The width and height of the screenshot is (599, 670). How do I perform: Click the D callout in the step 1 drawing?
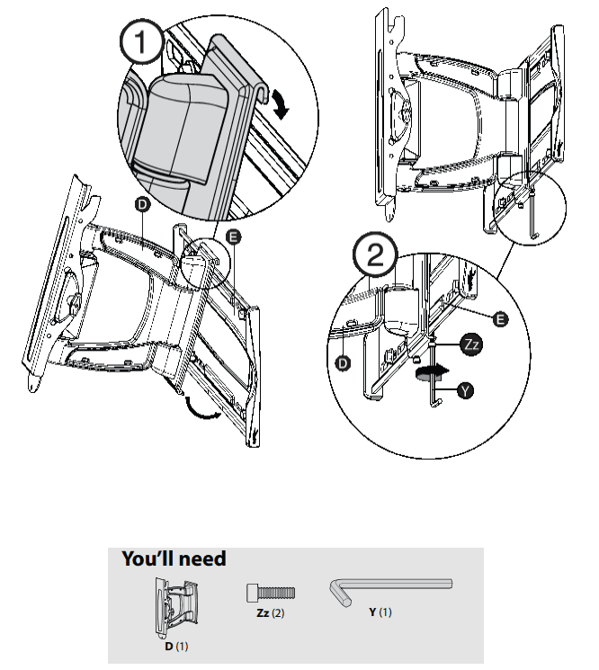(x=142, y=206)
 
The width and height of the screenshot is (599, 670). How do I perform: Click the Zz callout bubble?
(x=472, y=344)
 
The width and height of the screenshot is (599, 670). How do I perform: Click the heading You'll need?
(x=174, y=558)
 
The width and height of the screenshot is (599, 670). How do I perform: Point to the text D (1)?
(x=177, y=645)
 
